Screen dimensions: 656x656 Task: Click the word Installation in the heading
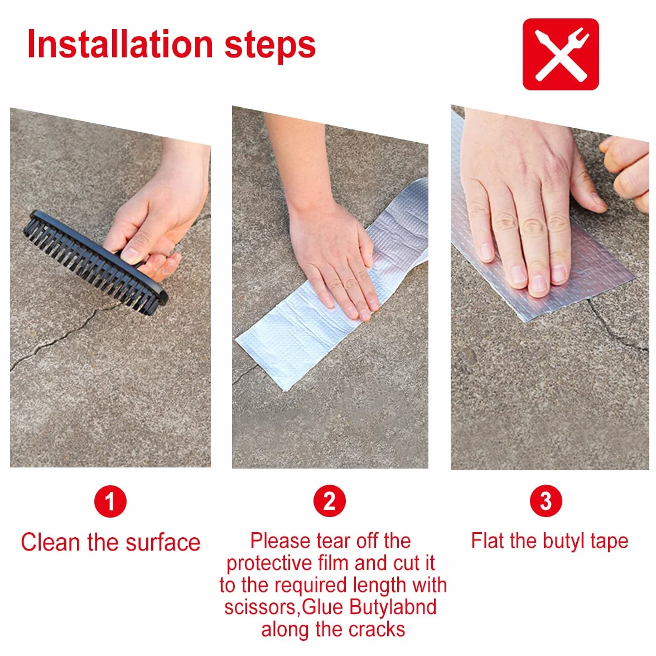(120, 45)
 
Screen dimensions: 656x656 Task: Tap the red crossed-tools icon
(561, 55)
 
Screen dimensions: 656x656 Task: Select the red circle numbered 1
(110, 501)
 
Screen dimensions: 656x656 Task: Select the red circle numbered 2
(330, 501)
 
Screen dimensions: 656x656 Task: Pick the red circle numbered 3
(546, 501)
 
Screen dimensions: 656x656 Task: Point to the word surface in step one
(163, 543)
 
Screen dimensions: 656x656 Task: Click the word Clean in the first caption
(50, 543)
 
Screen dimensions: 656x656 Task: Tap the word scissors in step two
(261, 607)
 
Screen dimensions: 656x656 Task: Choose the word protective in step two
(269, 563)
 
